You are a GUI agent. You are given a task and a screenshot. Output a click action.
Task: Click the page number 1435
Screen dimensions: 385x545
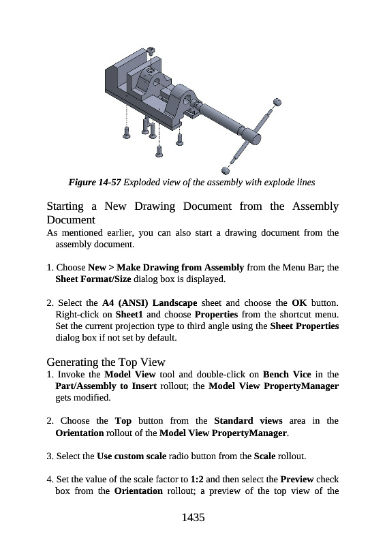(193, 518)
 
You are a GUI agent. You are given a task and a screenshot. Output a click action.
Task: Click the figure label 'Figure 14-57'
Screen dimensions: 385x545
(95, 183)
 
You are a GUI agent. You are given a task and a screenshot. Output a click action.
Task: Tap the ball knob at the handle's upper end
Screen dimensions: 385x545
(277, 102)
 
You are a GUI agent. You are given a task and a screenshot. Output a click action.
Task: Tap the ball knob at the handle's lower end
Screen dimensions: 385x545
(225, 170)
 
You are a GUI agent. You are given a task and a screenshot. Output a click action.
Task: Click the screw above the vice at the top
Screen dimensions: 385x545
(152, 50)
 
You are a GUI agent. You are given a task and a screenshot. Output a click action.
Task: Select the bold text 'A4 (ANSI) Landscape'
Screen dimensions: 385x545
(149, 303)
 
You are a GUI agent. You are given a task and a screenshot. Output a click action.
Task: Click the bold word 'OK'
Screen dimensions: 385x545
(299, 302)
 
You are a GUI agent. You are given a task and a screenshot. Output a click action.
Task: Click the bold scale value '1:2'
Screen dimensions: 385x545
(197, 480)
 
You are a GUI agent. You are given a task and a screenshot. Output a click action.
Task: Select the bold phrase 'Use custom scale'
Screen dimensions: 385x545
(132, 456)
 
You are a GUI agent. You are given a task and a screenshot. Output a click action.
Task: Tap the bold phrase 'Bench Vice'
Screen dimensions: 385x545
(287, 374)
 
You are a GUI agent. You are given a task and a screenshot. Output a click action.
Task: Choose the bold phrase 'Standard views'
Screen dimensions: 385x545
(248, 421)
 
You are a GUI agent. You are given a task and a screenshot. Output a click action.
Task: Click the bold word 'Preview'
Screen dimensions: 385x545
(297, 480)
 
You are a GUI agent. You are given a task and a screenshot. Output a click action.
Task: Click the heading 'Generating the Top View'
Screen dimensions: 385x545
(106, 362)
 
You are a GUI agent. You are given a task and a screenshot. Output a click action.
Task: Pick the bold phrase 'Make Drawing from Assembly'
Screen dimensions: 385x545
(180, 268)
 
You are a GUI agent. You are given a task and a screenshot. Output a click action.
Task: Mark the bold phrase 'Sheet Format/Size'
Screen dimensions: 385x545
(93, 279)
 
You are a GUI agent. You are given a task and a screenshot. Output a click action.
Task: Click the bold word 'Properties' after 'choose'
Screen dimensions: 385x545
(216, 315)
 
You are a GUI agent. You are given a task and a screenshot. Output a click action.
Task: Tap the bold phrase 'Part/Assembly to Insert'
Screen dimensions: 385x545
(106, 386)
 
